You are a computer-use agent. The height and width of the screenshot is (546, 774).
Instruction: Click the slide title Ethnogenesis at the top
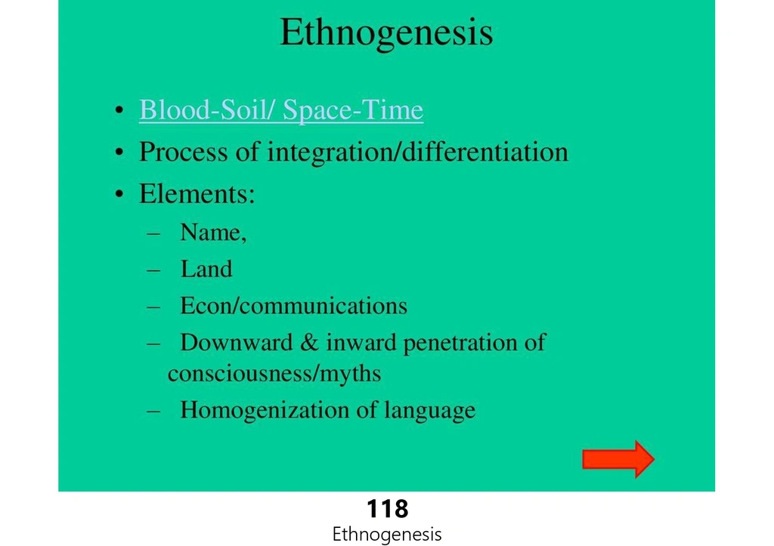pos(386,32)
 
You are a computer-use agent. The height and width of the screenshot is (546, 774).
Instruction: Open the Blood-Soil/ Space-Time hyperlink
pos(281,110)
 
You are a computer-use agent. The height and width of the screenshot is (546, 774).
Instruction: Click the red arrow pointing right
pos(618,458)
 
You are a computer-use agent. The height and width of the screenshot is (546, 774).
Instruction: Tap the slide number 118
pos(388,508)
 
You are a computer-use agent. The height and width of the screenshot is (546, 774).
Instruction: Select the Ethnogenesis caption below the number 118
pos(387,534)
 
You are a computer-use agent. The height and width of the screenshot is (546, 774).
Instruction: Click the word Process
pos(184,152)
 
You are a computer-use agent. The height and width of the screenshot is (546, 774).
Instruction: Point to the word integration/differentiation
pos(417,152)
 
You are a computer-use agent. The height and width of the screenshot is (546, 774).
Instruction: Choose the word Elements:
pos(197,193)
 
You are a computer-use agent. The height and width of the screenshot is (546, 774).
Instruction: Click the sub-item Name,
pos(213,233)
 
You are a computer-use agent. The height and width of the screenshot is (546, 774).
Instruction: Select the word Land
pos(206,270)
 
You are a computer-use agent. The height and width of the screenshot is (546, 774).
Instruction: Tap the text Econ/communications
pos(294,306)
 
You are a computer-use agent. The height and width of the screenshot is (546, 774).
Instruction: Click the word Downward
pos(237,342)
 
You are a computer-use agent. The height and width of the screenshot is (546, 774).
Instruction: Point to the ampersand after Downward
pos(309,343)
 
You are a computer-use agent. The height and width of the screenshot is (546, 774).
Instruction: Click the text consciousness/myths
pos(274,373)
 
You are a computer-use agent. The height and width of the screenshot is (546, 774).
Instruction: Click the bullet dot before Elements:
pos(119,194)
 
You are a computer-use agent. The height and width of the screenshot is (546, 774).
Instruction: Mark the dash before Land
pos(153,270)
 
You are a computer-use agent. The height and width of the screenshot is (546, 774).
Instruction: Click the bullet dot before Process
pos(119,153)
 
